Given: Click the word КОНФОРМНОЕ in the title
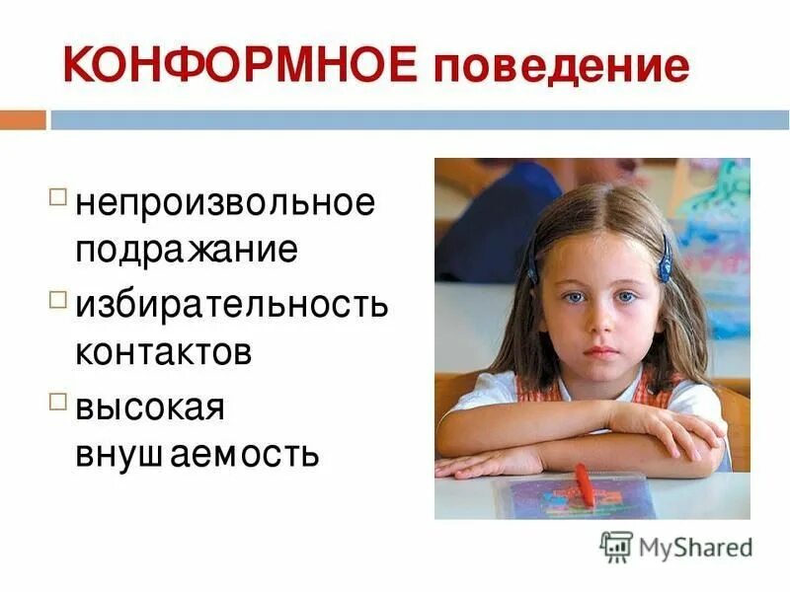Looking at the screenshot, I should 239,65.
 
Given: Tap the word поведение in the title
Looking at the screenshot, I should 559,67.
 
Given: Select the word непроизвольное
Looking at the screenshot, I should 226,205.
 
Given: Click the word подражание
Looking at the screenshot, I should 187,248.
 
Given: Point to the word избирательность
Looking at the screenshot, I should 232,305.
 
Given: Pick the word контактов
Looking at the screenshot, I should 164,351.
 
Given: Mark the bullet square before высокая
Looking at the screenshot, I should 58,401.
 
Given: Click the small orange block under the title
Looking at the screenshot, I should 23,120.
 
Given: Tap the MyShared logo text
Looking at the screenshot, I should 694,546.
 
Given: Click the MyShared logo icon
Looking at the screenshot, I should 615,546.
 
